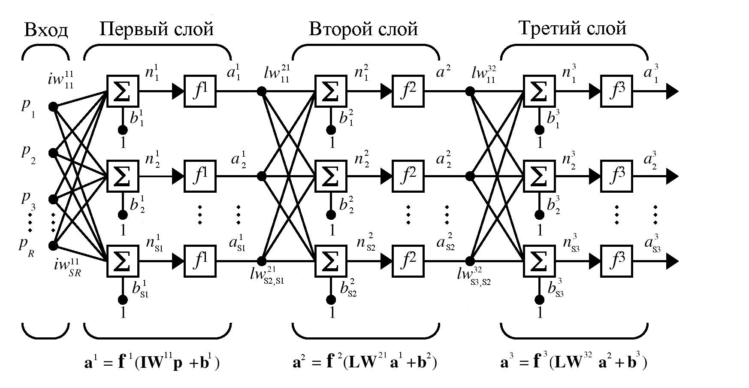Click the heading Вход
tap(46, 30)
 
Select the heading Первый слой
tap(156, 29)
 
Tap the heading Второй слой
tap(363, 29)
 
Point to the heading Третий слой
tap(572, 28)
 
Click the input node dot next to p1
tap(53, 106)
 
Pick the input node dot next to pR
tap(53, 246)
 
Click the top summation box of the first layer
tap(123, 91)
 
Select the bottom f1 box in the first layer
tap(200, 261)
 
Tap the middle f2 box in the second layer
tap(408, 176)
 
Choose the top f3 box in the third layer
tap(616, 91)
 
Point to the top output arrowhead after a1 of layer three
tap(672, 91)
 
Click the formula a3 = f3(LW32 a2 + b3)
tap(574, 363)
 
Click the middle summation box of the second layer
tap(331, 176)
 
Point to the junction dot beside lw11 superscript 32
tap(470, 91)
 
